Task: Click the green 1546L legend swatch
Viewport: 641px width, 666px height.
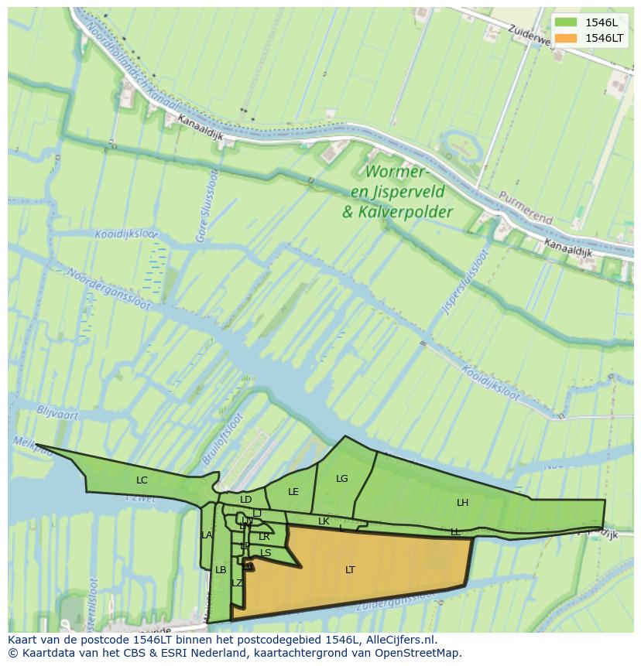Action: pos(566,22)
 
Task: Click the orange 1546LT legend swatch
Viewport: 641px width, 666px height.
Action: pos(566,38)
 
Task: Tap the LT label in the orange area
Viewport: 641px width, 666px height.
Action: pos(350,570)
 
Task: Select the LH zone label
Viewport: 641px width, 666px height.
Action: pos(462,503)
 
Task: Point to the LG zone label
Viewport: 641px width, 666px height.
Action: pos(342,479)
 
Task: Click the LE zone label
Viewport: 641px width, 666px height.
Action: pos(293,492)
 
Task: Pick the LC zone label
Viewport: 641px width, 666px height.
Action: pos(142,480)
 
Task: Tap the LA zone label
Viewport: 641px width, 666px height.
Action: pos(207,535)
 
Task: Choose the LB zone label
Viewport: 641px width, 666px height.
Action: pos(221,570)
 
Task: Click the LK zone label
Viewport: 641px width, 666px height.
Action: pos(324,521)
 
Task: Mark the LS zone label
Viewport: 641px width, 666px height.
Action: pos(266,553)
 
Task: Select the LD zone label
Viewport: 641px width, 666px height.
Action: pos(246,500)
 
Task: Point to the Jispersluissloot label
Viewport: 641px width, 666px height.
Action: pos(465,282)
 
